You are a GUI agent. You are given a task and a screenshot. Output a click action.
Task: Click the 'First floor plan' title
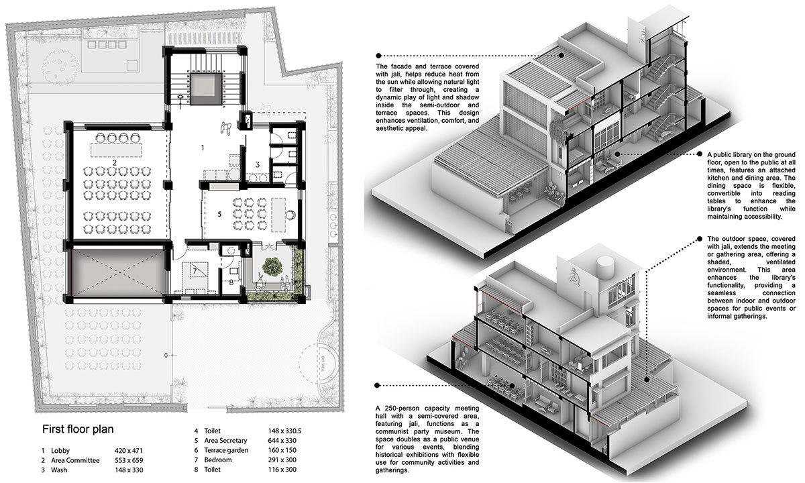pyautogui.click(x=78, y=429)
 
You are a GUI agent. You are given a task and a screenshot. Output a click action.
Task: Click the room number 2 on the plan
pyautogui.click(x=115, y=163)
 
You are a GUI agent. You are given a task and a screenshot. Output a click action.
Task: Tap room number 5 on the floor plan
pyautogui.click(x=219, y=215)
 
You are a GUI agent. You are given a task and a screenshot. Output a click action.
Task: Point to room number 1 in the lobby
pyautogui.click(x=203, y=146)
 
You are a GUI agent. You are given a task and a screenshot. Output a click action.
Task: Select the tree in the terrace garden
pyautogui.click(x=272, y=266)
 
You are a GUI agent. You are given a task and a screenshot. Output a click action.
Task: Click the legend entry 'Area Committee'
pyautogui.click(x=75, y=462)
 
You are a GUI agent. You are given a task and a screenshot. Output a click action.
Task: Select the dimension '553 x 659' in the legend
pyautogui.click(x=152, y=462)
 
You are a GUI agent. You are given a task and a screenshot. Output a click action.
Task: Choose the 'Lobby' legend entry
pyautogui.click(x=61, y=451)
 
